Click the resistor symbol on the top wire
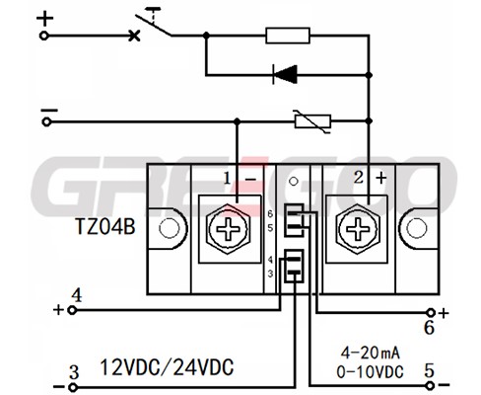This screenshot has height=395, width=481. pos(288,36)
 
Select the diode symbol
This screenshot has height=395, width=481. pos(285,74)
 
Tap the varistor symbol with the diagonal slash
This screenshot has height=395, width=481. pos(312,121)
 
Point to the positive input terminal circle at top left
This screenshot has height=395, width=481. pos(44,36)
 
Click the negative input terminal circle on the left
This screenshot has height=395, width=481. pos(46,122)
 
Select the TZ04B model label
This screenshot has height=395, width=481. pos(105,227)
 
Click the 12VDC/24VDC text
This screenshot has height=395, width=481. pos(167,367)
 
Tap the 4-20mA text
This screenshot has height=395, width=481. pos(370,354)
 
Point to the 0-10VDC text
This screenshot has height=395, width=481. pos(370,372)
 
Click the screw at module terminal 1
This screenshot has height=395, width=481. pos(229,228)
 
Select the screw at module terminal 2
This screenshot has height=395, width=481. pos(358,228)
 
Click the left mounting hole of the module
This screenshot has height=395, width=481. pos(170,228)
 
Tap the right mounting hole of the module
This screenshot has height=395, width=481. pos(417,228)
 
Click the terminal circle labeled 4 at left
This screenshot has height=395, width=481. pos(72,310)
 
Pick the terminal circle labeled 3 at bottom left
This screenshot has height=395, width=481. pos(73,387)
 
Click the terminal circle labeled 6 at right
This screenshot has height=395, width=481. pos(431,312)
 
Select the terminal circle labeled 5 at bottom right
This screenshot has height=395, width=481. pos(430,385)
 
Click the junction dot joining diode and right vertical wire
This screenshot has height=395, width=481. pos(369,75)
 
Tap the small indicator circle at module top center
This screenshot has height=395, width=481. pos(293,181)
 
